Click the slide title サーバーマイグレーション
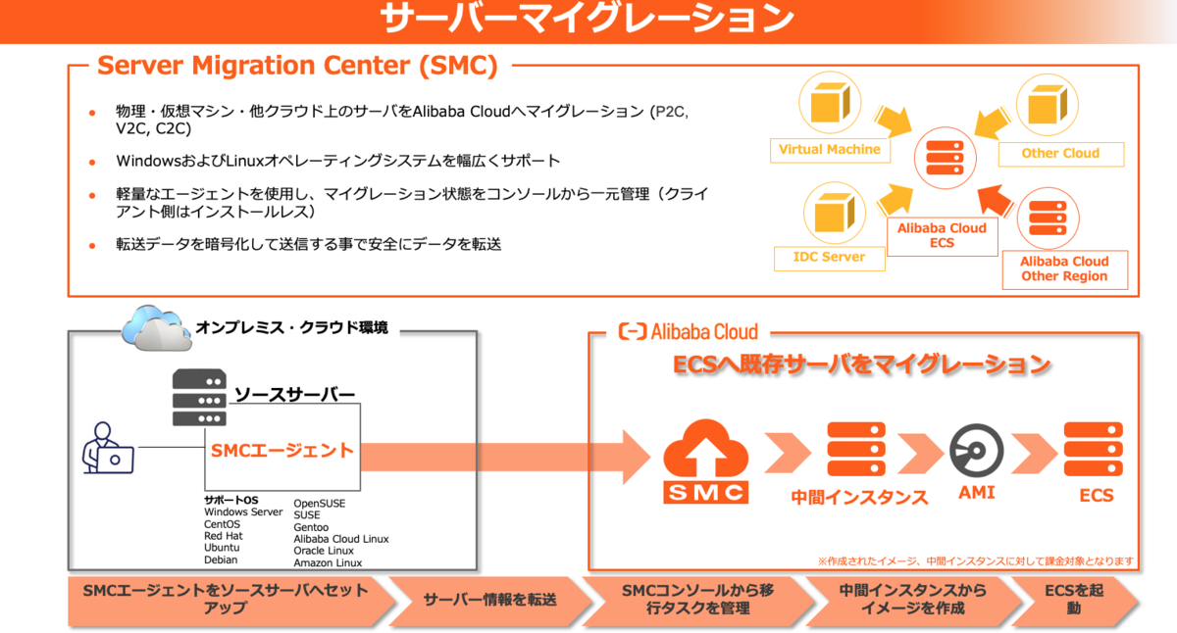pos(588,20)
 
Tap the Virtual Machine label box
pos(830,150)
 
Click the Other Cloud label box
pos(1060,153)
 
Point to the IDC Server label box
pos(829,257)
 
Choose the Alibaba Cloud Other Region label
pos(1064,269)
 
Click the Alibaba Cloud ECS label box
pos(942,235)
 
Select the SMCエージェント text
pos(281,452)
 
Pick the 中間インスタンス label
pos(859,497)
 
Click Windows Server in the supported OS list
pos(243,512)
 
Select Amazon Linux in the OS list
pos(328,562)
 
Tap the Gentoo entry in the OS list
pos(313,527)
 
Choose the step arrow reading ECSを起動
pos(1074,600)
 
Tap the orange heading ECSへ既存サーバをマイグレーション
pos(862,365)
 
